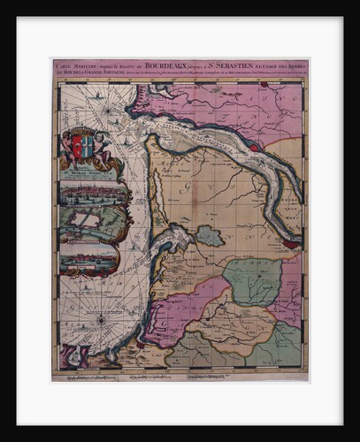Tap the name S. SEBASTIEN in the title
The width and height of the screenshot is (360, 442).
226,65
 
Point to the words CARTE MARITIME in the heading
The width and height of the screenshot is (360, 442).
76,65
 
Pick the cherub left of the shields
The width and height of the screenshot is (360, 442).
65,150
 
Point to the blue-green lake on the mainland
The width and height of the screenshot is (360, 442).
209,235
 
